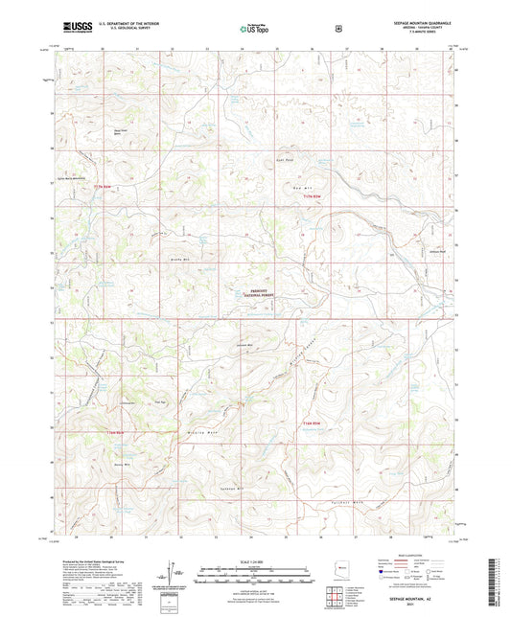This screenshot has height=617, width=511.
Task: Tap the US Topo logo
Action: pos(254,30)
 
